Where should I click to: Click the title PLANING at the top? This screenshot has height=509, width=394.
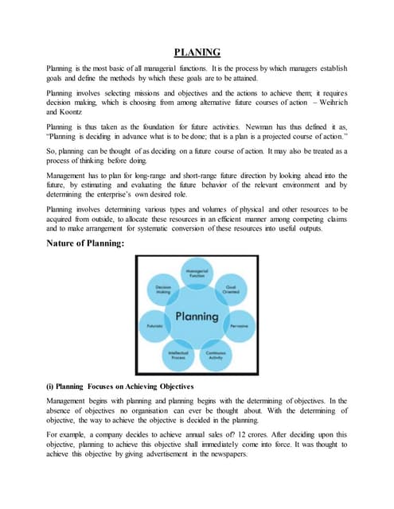tap(197, 52)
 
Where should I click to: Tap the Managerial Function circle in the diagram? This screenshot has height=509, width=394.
tap(196, 273)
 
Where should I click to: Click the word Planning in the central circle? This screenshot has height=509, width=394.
tap(197, 316)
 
